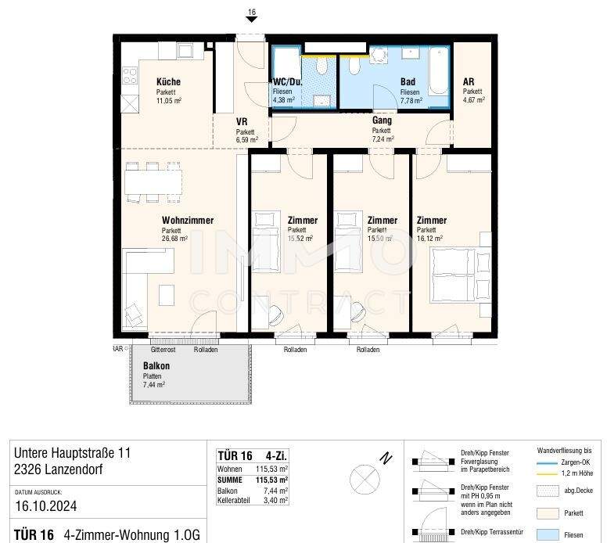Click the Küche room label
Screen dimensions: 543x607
[168, 82]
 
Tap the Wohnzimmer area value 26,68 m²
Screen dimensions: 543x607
[175, 239]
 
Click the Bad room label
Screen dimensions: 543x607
[408, 82]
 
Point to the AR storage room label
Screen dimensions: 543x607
[469, 82]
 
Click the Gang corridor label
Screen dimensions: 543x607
[382, 121]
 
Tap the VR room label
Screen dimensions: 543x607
[242, 122]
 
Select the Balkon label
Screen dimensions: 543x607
[156, 366]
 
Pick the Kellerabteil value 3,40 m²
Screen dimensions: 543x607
[277, 500]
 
